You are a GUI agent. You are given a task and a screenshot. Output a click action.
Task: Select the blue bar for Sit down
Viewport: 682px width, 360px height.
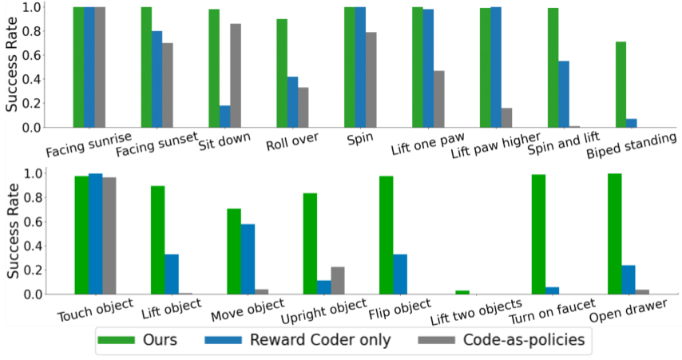225,117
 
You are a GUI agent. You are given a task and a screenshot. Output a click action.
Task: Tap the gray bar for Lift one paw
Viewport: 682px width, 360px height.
439,99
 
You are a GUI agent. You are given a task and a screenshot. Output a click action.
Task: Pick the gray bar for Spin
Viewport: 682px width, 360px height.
371,80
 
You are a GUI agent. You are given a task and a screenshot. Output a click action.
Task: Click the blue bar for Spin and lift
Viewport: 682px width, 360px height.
564,94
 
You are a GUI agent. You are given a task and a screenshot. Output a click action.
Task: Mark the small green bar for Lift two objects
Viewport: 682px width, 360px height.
461,292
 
